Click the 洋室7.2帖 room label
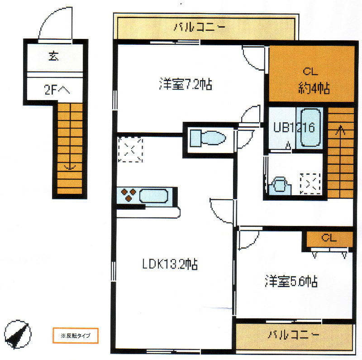click(186, 84)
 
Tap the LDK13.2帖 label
click(170, 264)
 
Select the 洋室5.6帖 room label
click(291, 282)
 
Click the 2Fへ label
click(57, 90)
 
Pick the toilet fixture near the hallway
click(207, 138)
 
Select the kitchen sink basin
click(154, 196)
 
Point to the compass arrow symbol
click(17, 335)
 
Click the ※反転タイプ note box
click(75, 336)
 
